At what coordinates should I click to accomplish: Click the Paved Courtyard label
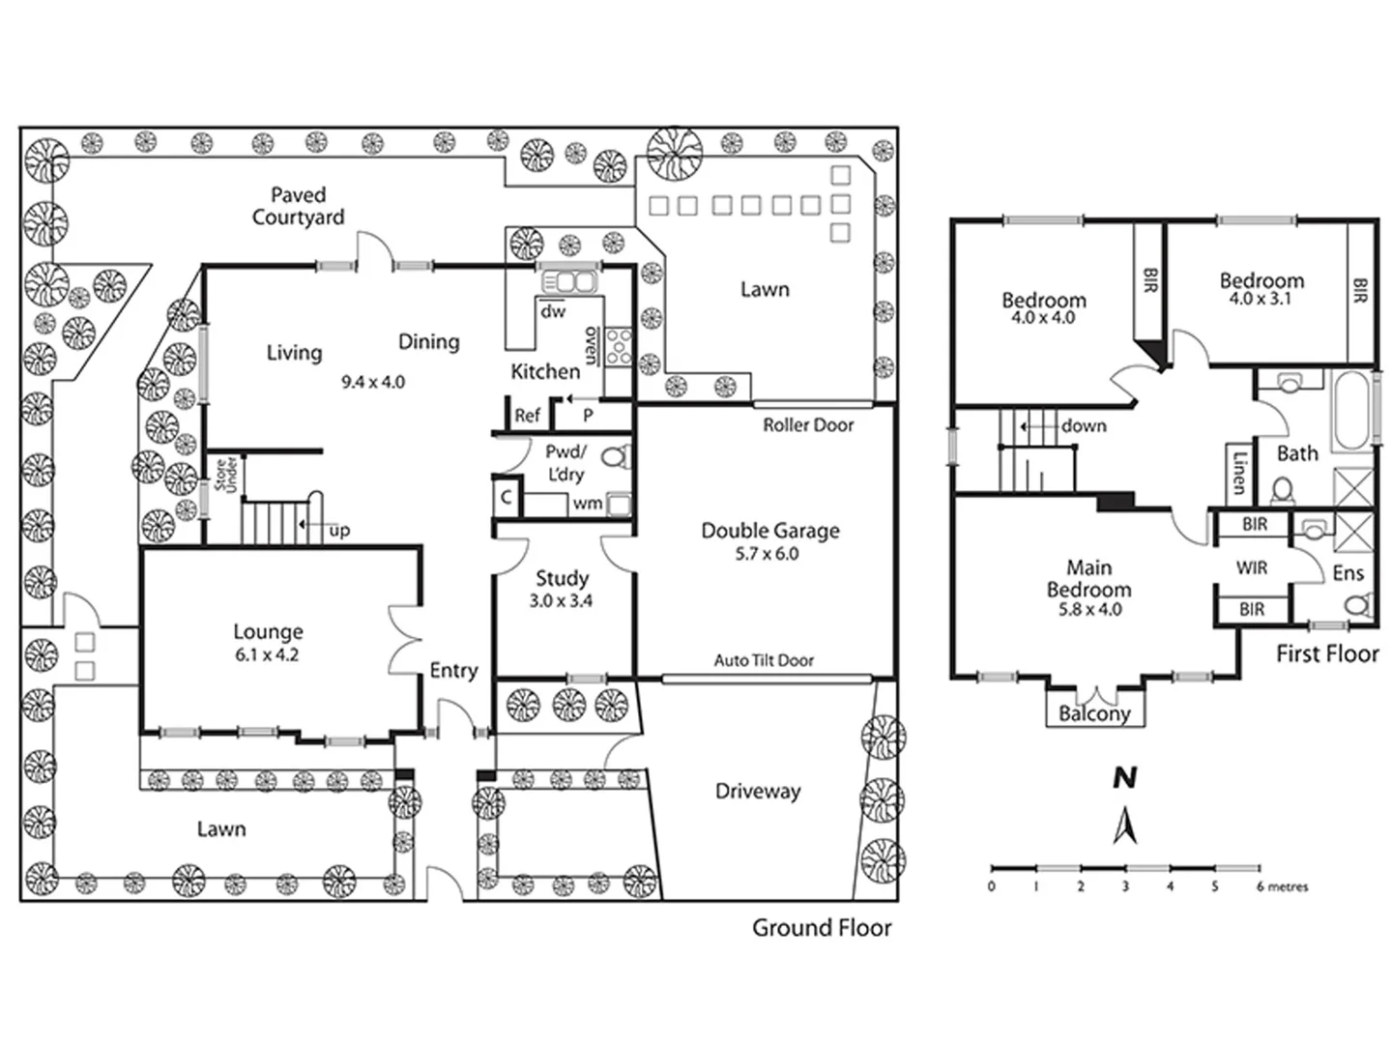click(298, 206)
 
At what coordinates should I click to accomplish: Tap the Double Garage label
click(769, 531)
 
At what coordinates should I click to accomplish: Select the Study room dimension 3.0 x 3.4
click(561, 601)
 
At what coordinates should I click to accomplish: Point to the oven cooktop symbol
click(619, 347)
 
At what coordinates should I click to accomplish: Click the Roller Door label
click(808, 425)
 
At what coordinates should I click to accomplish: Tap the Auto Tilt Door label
click(764, 660)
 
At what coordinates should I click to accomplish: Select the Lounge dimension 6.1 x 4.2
click(268, 654)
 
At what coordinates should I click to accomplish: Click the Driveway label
click(758, 792)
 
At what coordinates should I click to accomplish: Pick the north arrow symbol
click(1125, 826)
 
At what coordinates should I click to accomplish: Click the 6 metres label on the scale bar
click(1282, 886)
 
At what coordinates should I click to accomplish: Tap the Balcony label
click(1094, 714)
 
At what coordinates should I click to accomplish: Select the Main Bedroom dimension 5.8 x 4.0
click(1088, 610)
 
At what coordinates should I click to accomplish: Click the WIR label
click(1252, 568)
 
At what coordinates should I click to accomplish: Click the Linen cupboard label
click(1239, 470)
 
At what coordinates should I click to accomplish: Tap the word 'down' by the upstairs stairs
click(1084, 426)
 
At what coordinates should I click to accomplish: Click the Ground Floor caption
click(822, 928)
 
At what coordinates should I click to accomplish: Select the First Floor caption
click(1327, 654)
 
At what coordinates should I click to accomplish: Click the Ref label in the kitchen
click(527, 416)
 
